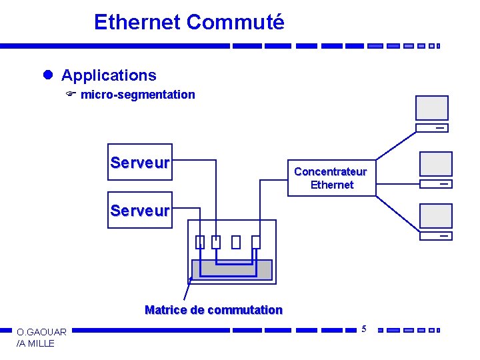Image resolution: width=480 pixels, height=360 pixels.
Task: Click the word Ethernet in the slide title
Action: (x=137, y=22)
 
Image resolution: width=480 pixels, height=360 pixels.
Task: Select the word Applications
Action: (x=109, y=75)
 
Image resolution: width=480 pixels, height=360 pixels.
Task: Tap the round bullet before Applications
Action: (x=47, y=75)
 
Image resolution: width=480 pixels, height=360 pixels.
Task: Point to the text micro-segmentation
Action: (x=138, y=95)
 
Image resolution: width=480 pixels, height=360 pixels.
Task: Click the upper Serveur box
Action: (x=139, y=163)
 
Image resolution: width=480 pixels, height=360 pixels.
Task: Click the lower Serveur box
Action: (x=139, y=211)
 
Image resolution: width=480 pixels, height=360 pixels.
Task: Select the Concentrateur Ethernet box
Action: (x=331, y=178)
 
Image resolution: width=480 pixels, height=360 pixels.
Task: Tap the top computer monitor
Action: (x=432, y=108)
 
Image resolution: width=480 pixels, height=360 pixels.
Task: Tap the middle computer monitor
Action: (x=435, y=164)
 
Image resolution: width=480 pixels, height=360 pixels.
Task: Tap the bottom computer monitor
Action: (x=435, y=216)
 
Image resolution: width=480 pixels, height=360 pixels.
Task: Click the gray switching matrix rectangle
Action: (x=232, y=269)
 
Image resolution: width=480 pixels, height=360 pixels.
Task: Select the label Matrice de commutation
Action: (x=213, y=310)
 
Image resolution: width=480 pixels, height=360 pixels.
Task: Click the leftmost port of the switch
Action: (x=199, y=242)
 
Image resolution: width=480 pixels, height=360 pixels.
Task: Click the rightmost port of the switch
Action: (x=255, y=242)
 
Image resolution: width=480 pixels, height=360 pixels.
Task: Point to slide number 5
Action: (x=364, y=328)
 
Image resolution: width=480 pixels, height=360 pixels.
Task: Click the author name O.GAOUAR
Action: (x=41, y=332)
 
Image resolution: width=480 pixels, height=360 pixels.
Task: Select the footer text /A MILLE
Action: (x=35, y=343)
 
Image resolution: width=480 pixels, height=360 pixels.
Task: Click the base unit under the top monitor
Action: (x=432, y=128)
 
